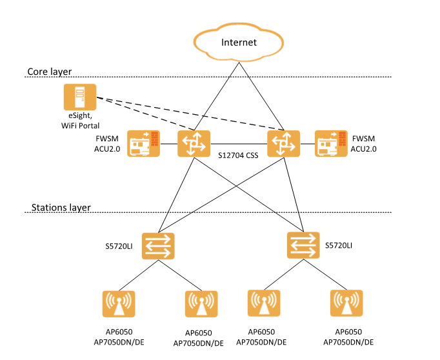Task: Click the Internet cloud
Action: coord(239,43)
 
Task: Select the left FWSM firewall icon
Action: coord(143,143)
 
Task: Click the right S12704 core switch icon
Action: coord(284,143)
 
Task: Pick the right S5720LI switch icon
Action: coord(303,245)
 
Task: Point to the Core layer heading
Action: coord(50,71)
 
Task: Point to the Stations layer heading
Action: coord(61,208)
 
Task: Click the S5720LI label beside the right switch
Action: coord(341,246)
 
